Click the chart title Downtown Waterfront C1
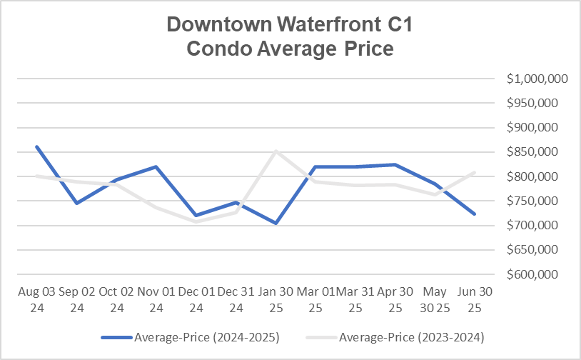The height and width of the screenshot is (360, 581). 290,25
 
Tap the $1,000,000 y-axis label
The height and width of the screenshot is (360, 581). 537,79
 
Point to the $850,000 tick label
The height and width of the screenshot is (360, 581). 537,152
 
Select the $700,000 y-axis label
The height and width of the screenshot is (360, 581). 537,226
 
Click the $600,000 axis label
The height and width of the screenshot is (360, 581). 537,274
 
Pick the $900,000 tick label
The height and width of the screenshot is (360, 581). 537,128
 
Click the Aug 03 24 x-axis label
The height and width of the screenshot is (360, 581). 36,300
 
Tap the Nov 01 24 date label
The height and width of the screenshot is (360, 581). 156,300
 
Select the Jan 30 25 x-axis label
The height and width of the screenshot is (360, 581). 276,300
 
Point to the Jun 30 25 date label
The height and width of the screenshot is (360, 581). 475,300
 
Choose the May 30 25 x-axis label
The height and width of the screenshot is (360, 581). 435,300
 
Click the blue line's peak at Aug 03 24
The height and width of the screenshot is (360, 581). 36,147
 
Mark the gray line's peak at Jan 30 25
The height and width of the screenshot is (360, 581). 276,151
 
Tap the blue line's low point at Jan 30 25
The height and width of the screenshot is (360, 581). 276,223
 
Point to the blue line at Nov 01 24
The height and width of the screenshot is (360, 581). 156,166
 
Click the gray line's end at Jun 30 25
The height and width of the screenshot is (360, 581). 475,172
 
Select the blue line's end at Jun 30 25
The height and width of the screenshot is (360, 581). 475,214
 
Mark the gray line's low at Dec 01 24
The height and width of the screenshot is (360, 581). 196,221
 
